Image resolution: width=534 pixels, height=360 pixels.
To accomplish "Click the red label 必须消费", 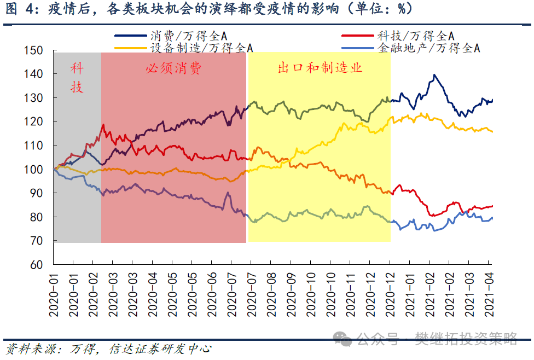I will pos(173,69).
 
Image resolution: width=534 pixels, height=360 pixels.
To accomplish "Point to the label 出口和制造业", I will pos(320,68).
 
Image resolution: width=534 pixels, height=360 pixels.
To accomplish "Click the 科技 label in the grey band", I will pos(77,78).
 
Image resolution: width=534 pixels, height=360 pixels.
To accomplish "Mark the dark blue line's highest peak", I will pos(434,75).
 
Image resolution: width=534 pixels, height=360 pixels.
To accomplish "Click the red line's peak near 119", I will pos(103,125).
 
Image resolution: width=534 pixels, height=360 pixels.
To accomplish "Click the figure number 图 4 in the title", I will pos(17,9).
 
